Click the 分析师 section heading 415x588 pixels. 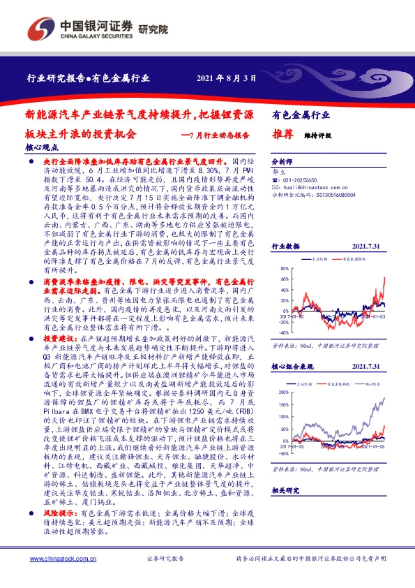tap(281, 160)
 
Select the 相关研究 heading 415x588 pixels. tap(285, 491)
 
